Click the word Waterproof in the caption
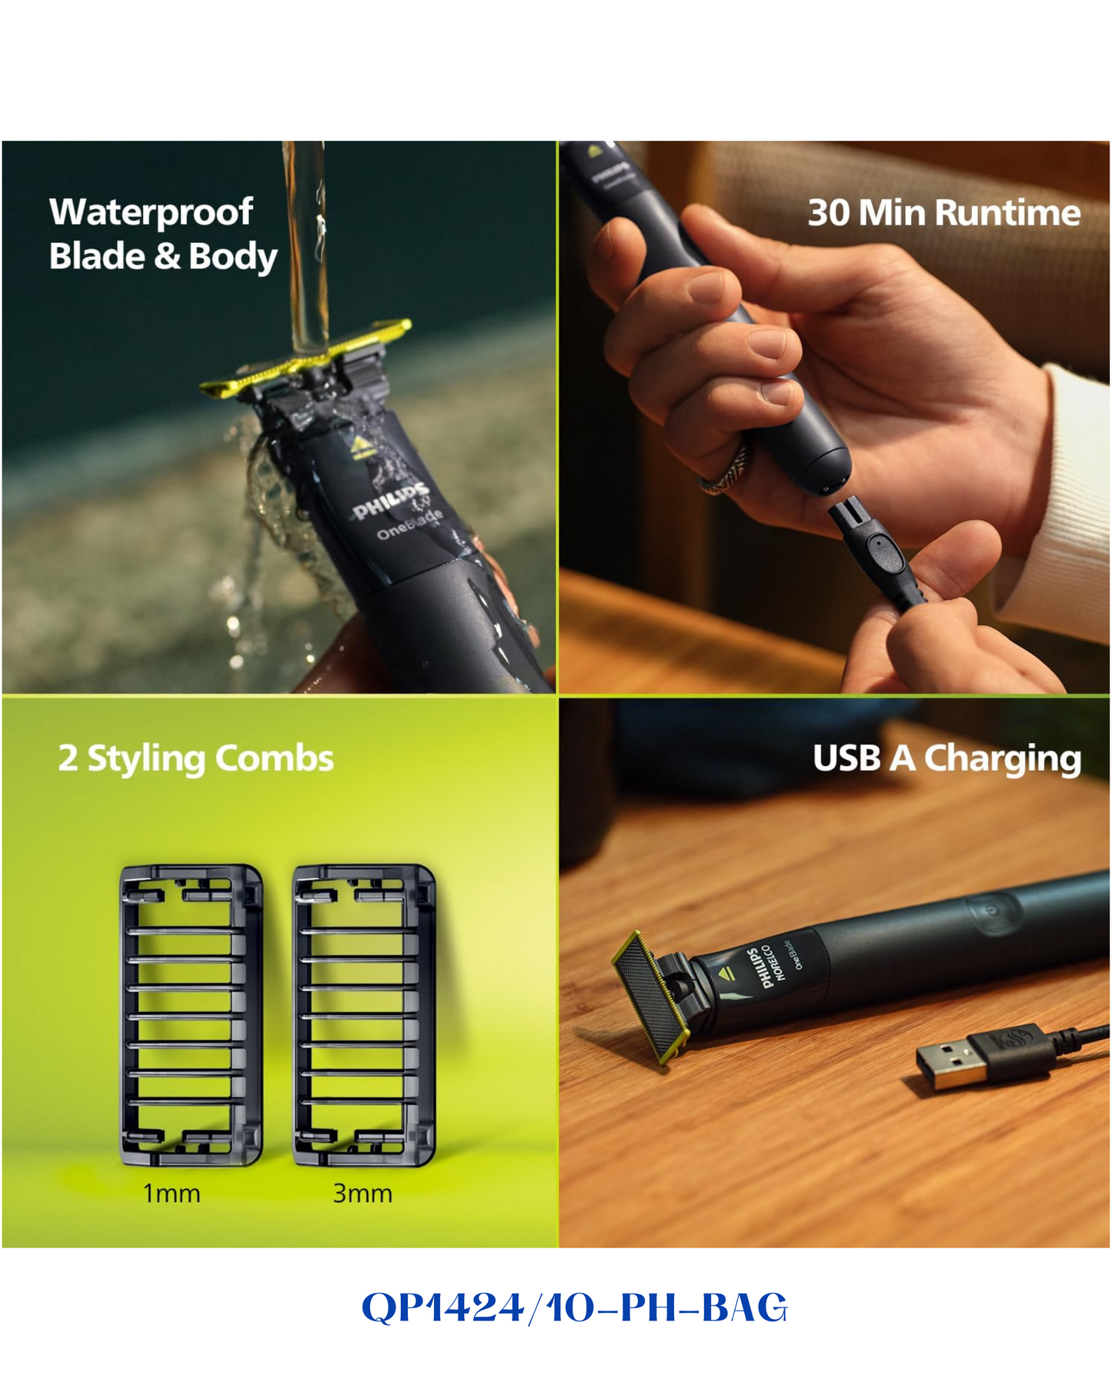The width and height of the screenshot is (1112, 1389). (151, 212)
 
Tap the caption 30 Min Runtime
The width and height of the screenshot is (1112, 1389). (944, 213)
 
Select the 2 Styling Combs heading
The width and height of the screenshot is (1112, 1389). (196, 759)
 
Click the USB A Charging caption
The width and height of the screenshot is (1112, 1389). (947, 759)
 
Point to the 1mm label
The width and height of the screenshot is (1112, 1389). (172, 1194)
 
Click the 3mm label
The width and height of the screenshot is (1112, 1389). (362, 1194)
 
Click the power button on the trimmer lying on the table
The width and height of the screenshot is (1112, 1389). (992, 910)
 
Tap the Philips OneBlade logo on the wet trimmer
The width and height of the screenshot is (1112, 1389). (396, 509)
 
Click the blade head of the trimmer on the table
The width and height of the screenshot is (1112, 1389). (650, 998)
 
